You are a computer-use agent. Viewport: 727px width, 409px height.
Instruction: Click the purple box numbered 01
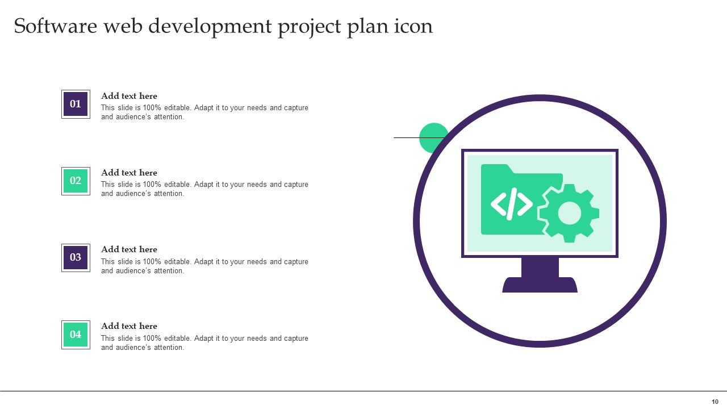76,104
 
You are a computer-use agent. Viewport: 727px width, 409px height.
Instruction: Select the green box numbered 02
76,181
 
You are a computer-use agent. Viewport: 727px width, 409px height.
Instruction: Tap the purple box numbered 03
76,257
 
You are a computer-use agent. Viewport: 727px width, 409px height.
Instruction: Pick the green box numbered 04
76,335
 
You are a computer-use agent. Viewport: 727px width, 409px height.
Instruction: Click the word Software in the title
56,27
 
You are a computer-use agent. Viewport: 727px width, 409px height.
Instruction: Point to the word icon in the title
413,27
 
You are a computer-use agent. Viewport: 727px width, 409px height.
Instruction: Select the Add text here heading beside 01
129,96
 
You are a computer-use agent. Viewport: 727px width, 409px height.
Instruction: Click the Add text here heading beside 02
129,173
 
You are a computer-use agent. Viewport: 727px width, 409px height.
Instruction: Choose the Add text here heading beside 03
129,249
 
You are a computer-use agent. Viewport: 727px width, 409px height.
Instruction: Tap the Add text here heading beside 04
129,326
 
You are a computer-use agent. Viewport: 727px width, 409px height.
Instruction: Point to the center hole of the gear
569,214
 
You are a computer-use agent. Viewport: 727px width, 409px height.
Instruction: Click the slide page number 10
715,402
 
